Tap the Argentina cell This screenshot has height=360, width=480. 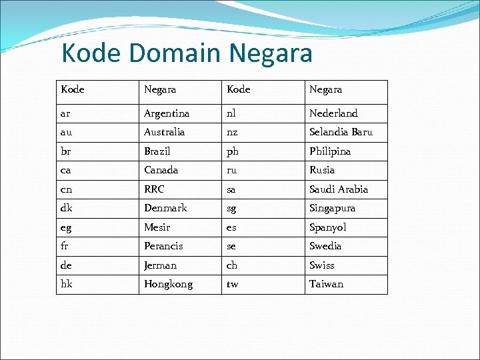[167, 113]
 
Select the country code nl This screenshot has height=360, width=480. [231, 113]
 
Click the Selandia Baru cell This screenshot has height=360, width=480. [341, 132]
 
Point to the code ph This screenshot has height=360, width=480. [233, 151]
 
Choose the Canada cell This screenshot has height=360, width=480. [161, 170]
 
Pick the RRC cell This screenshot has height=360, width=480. [154, 189]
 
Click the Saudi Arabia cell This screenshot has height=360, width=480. [339, 189]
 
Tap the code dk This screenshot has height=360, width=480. [66, 208]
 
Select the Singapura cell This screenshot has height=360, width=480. [332, 208]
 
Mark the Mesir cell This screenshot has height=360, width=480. [157, 227]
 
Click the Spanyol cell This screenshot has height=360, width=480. [328, 227]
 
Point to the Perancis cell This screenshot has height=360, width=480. [163, 246]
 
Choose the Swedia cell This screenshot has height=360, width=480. [325, 246]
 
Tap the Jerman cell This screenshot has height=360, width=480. [161, 265]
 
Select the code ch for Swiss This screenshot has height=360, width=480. [232, 265]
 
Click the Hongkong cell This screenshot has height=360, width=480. [169, 284]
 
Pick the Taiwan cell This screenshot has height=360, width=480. [326, 284]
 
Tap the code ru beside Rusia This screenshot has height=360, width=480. [232, 170]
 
